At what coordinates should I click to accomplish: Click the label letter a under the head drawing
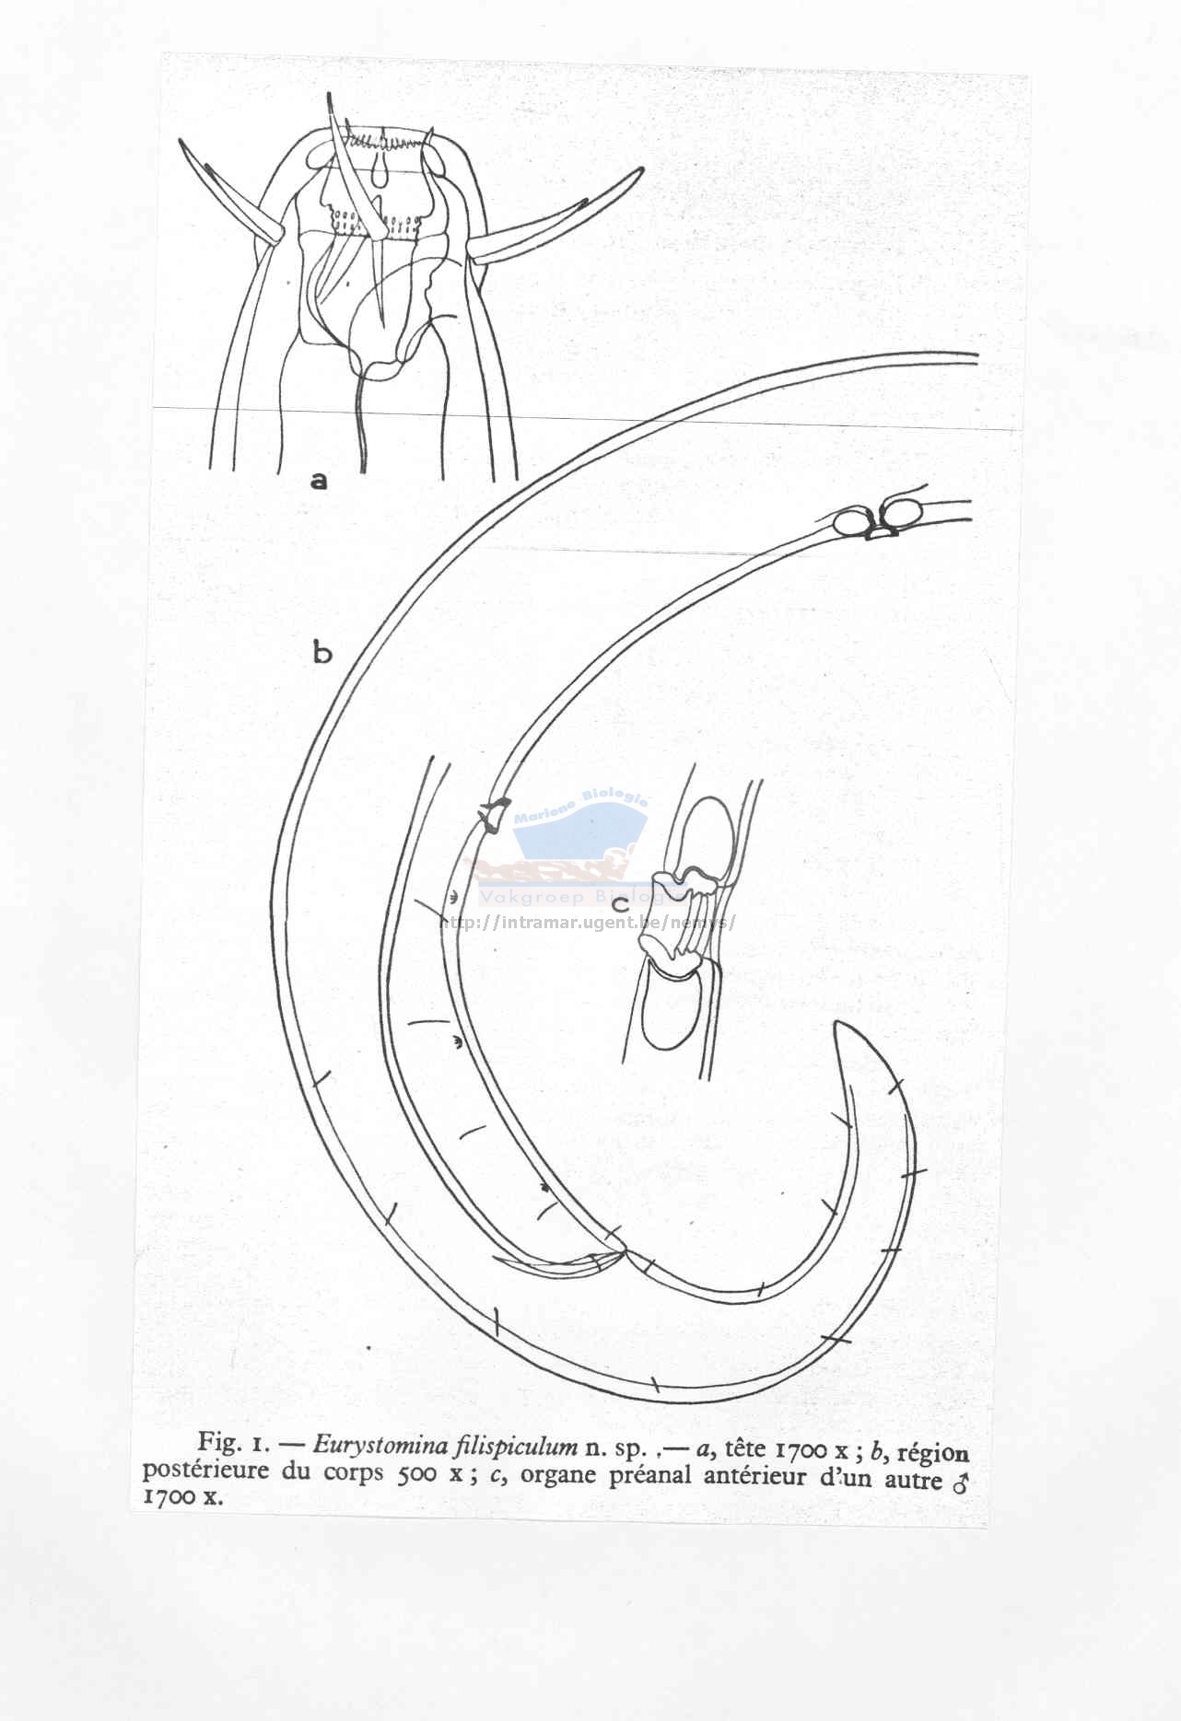319,480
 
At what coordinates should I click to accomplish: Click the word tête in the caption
745,1447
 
